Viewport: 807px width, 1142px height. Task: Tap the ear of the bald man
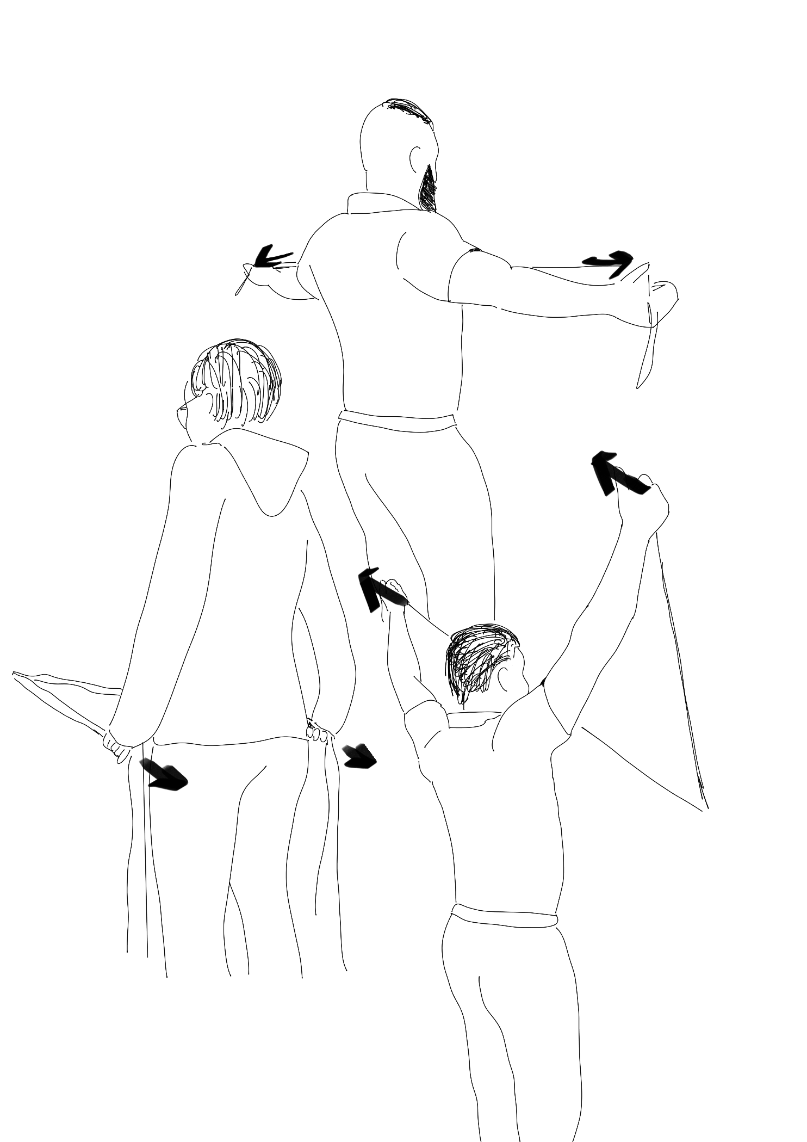point(415,157)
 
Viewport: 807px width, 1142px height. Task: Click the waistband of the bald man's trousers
point(396,422)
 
